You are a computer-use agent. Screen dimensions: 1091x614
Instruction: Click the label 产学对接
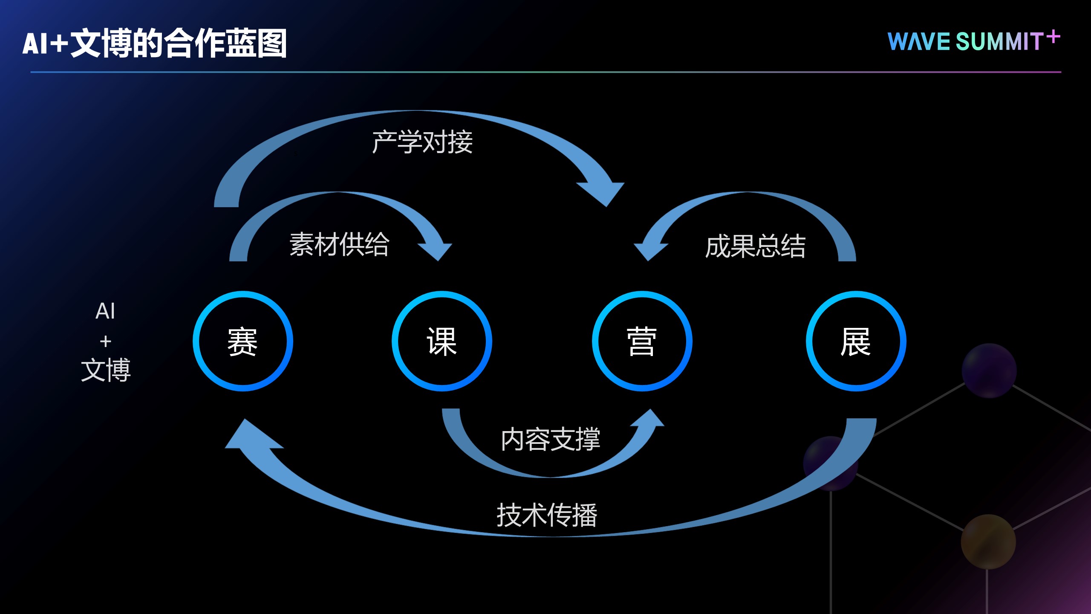click(x=422, y=142)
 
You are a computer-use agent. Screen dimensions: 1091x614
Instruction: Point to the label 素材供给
click(x=340, y=244)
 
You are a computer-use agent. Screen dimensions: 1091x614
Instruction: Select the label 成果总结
click(x=755, y=246)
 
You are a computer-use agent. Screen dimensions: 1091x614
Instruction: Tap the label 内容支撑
click(x=550, y=439)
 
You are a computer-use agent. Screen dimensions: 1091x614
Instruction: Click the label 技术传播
click(x=547, y=515)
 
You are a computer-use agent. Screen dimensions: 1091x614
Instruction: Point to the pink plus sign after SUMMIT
click(x=1053, y=37)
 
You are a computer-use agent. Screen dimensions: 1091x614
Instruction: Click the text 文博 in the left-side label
click(x=106, y=370)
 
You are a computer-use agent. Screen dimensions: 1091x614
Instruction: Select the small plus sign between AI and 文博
click(x=106, y=341)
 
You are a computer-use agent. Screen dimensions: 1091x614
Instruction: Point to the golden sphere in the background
click(x=988, y=542)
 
